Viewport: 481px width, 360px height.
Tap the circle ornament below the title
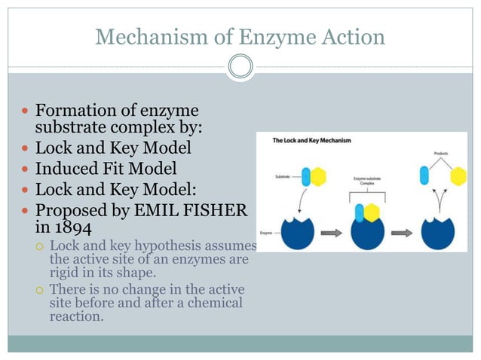pos(240,67)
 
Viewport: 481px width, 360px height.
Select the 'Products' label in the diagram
pos(442,154)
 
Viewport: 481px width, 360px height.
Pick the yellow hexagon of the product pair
pos(458,177)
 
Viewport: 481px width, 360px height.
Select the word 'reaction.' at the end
pos(75,316)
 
